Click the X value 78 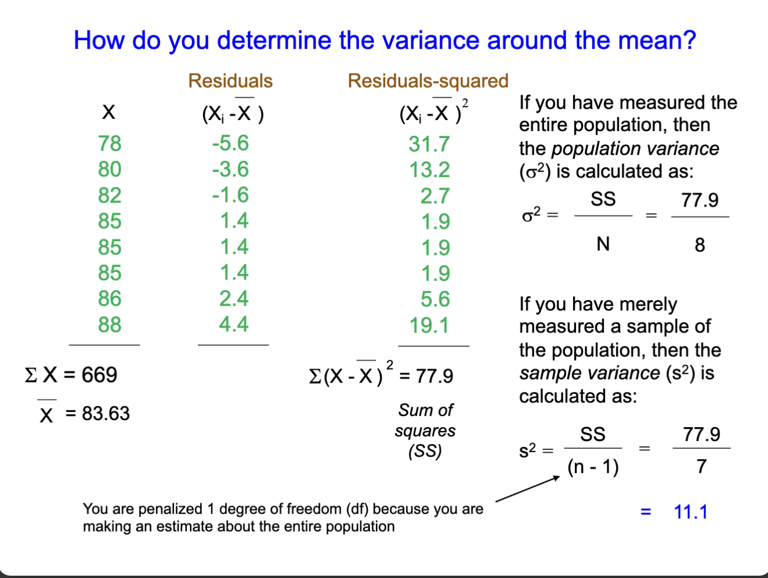coord(110,143)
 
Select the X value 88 coord(110,324)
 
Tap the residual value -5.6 coord(230,143)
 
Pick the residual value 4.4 coord(234,324)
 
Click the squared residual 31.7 coord(429,144)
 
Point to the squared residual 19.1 coord(429,326)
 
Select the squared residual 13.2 coord(429,170)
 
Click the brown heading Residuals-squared coord(428,81)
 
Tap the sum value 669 coord(99,375)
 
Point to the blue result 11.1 coord(690,512)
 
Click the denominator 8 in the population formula coord(700,245)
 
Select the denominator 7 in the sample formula coord(701,466)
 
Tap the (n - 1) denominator coord(593,467)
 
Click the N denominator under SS coord(603,244)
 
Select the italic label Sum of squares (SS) coord(425,431)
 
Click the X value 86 coord(110,299)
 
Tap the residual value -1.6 coord(230,195)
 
